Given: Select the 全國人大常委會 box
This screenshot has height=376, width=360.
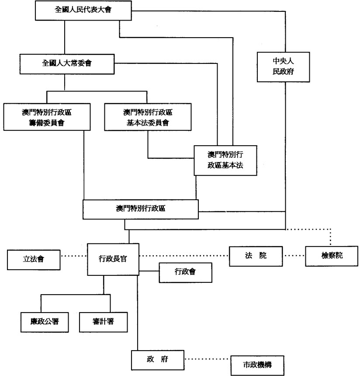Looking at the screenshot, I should tap(66, 63).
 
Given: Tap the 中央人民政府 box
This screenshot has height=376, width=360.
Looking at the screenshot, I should tap(283, 67).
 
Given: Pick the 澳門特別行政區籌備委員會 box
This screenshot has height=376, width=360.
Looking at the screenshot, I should tap(47, 117).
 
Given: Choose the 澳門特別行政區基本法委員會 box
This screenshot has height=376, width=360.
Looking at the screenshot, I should tap(148, 117).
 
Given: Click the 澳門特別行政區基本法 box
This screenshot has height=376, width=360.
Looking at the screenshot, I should tap(225, 160).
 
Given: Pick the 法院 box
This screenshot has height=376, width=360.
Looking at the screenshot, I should tap(256, 255).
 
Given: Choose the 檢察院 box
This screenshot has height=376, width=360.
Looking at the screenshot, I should tap(330, 256).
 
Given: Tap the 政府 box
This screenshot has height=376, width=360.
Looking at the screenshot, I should tap(158, 360).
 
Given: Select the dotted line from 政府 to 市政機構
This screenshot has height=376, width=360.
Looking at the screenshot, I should tap(207, 359).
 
